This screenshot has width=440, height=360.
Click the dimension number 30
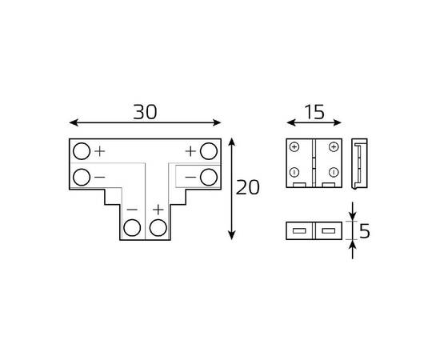coord(145,113)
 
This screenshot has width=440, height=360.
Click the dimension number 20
coord(249,188)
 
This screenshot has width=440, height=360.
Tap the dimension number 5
coord(365,232)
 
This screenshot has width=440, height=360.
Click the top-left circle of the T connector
coord(82,150)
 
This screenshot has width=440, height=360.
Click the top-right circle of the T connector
coord(209,150)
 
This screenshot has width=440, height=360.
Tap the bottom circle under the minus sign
coord(131,230)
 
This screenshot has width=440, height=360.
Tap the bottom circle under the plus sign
coord(158,230)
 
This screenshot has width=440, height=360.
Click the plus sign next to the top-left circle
coord(100,150)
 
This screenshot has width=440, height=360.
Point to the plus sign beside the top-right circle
coord(191,150)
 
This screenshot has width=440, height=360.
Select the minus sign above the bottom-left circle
coord(131,210)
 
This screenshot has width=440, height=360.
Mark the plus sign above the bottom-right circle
coord(158,210)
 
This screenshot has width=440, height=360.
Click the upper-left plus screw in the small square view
coord(295,148)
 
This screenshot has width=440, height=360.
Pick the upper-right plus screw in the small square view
coord(333,148)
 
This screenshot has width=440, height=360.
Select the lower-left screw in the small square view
coord(295,173)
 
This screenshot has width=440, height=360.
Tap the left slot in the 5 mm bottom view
coord(300,231)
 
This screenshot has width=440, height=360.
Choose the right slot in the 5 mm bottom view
coord(329,231)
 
